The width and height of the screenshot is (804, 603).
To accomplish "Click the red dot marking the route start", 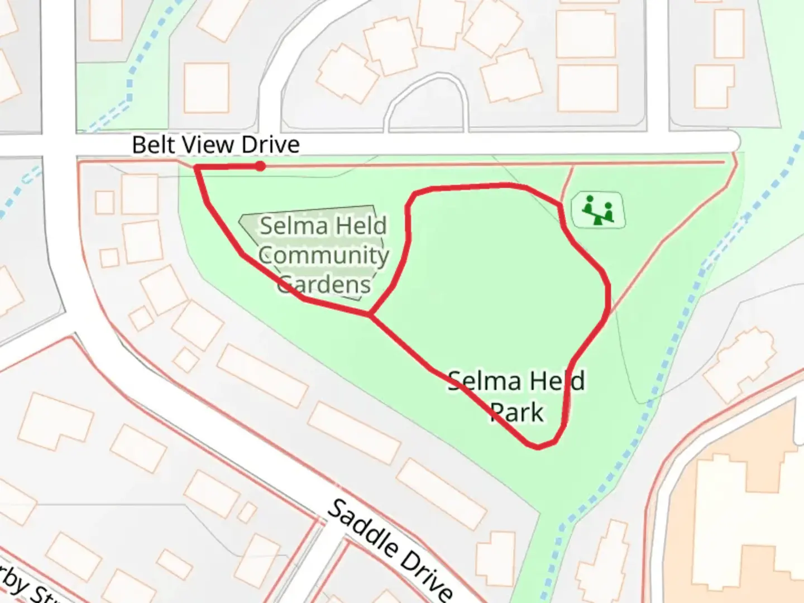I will (260, 166).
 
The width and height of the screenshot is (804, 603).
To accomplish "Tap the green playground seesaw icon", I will (598, 209).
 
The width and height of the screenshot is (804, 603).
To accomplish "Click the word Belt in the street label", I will (149, 145).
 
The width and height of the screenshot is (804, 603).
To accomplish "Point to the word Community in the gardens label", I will (323, 255).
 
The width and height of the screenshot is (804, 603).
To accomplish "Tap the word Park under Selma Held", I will (516, 413).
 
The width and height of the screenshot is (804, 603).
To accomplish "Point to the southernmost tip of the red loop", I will (537, 448).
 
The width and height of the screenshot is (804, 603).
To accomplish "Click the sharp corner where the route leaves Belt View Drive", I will (196, 167).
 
